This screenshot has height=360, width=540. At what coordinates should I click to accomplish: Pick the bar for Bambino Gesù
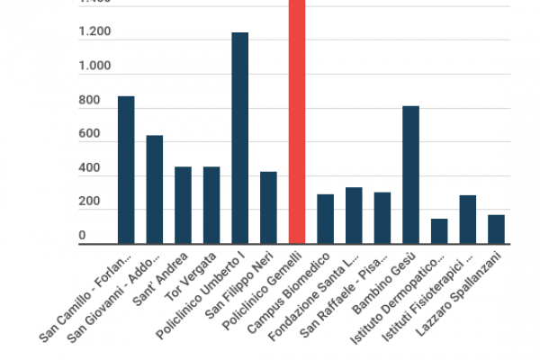click(410, 175)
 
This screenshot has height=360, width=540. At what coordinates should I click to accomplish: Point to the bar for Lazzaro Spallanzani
click(496, 229)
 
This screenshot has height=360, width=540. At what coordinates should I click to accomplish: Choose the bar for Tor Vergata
click(211, 205)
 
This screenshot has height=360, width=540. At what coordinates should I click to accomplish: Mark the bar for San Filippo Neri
click(268, 207)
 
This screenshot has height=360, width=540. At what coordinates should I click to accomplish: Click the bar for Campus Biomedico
click(325, 219)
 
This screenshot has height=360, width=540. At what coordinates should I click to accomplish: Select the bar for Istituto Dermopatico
click(439, 230)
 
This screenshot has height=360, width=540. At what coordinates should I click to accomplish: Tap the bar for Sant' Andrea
click(183, 205)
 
